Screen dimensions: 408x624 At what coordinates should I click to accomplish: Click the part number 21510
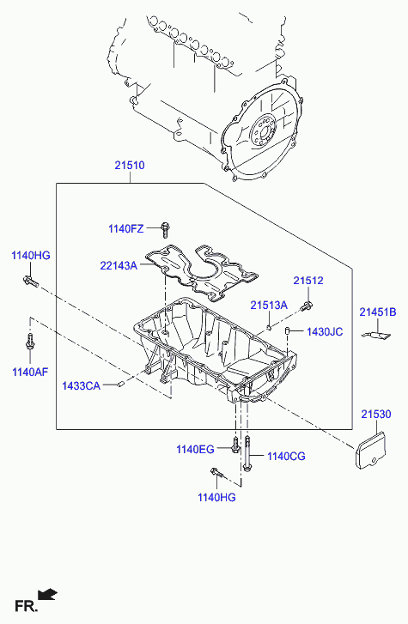[x=130, y=165]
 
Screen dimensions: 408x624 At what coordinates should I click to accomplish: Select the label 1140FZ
[x=126, y=229]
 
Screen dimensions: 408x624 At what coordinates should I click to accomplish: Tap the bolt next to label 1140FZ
[x=165, y=229]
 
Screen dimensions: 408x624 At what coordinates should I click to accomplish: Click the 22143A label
[x=119, y=265]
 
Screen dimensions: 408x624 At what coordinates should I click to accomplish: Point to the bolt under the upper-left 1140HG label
[x=30, y=281]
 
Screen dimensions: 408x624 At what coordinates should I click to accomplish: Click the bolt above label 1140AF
[x=30, y=342]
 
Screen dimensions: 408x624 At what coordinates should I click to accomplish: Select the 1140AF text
[x=30, y=373]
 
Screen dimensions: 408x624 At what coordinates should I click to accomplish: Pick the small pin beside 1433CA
[x=122, y=384]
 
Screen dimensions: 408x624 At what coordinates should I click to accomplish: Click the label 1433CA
[x=81, y=385]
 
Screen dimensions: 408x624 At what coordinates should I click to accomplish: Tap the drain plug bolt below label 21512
[x=307, y=306]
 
